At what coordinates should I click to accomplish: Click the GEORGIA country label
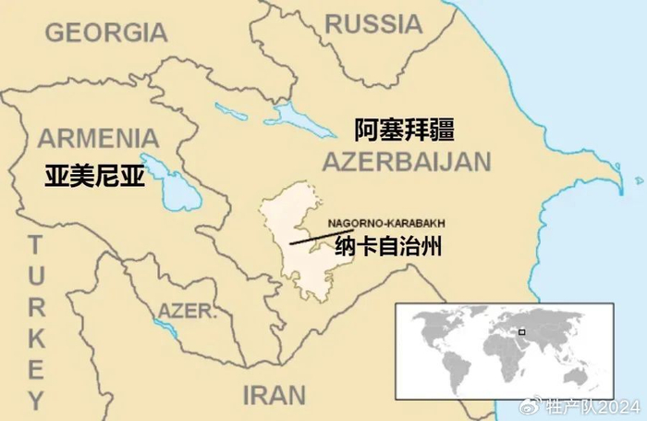pyautogui.click(x=106, y=32)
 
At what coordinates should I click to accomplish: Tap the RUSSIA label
pyautogui.click(x=372, y=24)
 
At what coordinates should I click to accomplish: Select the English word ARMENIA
pyautogui.click(x=98, y=139)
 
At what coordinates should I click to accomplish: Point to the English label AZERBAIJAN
pyautogui.click(x=406, y=163)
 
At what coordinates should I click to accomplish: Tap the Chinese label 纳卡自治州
pyautogui.click(x=389, y=247)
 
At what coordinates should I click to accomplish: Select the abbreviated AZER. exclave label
pyautogui.click(x=187, y=310)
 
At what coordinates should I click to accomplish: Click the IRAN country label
pyautogui.click(x=274, y=395)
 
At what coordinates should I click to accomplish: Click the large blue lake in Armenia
pyautogui.click(x=167, y=181)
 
